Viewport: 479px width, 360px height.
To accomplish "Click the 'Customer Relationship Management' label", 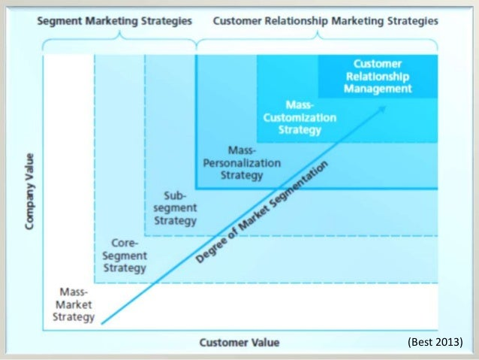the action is coord(378,76).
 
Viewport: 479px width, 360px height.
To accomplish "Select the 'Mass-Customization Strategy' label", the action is coord(300,117).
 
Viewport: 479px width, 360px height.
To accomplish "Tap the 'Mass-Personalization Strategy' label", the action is coord(242,163).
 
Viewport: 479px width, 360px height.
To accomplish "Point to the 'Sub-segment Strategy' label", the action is coord(175,208).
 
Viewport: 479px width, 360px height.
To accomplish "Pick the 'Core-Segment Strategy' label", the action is coord(125,256).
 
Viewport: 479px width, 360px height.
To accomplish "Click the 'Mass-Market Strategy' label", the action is coord(74,304).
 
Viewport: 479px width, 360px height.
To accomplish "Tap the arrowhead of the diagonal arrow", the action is coord(382,109).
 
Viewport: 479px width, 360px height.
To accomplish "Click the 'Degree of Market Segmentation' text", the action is coord(262,211).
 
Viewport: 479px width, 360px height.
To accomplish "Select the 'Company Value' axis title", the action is coord(29,192).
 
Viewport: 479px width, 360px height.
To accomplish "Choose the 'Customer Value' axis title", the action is coord(239,343).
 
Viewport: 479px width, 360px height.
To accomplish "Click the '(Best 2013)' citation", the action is coord(435,342).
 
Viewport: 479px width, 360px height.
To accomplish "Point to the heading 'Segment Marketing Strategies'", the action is coord(115,21).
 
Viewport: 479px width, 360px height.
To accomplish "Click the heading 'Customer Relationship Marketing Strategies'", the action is coord(326,21).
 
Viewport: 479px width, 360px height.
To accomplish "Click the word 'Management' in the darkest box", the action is coord(378,89).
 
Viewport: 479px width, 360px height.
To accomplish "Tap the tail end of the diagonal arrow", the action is coord(101,323).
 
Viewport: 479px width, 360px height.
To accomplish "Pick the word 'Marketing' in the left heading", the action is coord(112,21).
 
